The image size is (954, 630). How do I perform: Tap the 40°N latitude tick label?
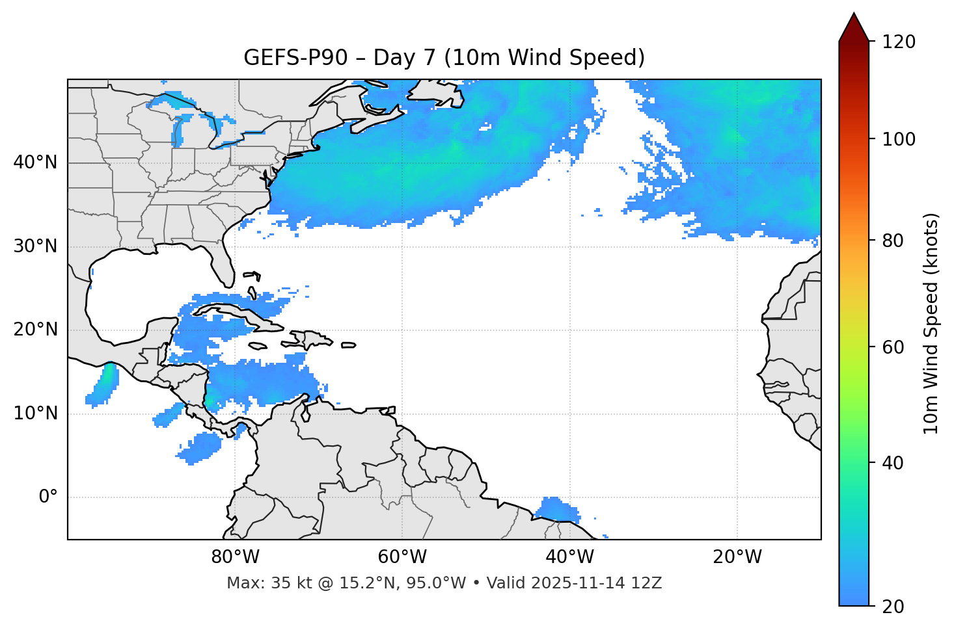[35, 163]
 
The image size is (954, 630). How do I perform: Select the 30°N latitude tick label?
[35, 246]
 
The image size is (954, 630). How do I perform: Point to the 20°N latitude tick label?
[35, 330]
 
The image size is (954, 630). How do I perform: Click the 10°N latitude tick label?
[35, 413]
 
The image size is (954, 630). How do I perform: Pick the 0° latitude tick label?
[48, 497]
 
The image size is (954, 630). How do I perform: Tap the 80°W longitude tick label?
[235, 557]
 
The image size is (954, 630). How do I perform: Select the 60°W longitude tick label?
[402, 557]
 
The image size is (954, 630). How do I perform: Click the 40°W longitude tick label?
[569, 557]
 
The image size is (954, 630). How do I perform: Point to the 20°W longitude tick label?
[737, 557]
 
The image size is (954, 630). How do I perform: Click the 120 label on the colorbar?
[899, 42]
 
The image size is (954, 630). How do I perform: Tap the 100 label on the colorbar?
[899, 139]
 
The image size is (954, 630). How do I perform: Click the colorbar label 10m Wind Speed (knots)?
[931, 323]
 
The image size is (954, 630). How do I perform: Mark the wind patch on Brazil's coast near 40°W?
[556, 510]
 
